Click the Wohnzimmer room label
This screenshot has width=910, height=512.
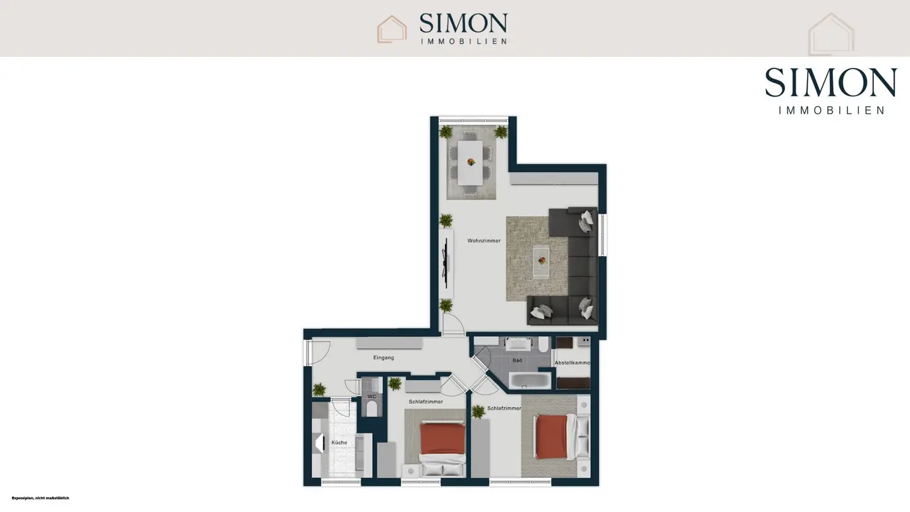click(484, 241)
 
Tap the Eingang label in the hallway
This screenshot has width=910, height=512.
click(384, 358)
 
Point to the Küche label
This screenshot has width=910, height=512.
click(339, 442)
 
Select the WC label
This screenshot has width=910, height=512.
click(372, 396)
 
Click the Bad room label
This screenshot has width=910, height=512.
click(517, 360)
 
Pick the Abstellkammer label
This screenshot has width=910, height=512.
click(573, 362)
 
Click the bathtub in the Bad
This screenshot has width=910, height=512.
click(530, 381)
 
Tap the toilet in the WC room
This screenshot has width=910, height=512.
click(372, 408)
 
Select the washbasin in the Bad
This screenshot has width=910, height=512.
click(518, 344)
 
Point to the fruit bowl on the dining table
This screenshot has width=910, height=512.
click(471, 162)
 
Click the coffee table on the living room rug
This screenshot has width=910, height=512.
click(542, 262)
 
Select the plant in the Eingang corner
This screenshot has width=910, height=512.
click(319, 389)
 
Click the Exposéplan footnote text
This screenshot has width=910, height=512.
click(40, 498)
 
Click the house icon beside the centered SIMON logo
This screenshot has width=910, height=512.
click(392, 29)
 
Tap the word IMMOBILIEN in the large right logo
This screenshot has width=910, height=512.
click(831, 111)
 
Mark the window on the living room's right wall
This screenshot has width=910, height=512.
click(602, 235)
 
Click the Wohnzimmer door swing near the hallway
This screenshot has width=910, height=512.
click(454, 324)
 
